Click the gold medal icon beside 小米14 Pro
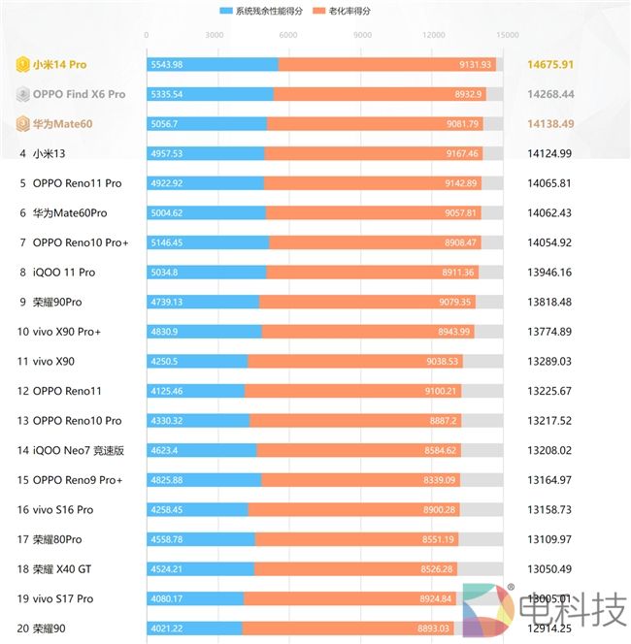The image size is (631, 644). click(x=23, y=65)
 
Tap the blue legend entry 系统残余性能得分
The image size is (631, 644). click(x=268, y=12)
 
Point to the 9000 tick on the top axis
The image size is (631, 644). click(x=362, y=35)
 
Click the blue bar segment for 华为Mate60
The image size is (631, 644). click(x=207, y=124)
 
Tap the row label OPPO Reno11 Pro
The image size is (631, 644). click(x=78, y=183)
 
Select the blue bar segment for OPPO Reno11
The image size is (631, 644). click(x=195, y=391)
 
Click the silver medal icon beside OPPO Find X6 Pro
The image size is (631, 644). click(x=23, y=95)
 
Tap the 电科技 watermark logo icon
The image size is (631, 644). click(x=488, y=610)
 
